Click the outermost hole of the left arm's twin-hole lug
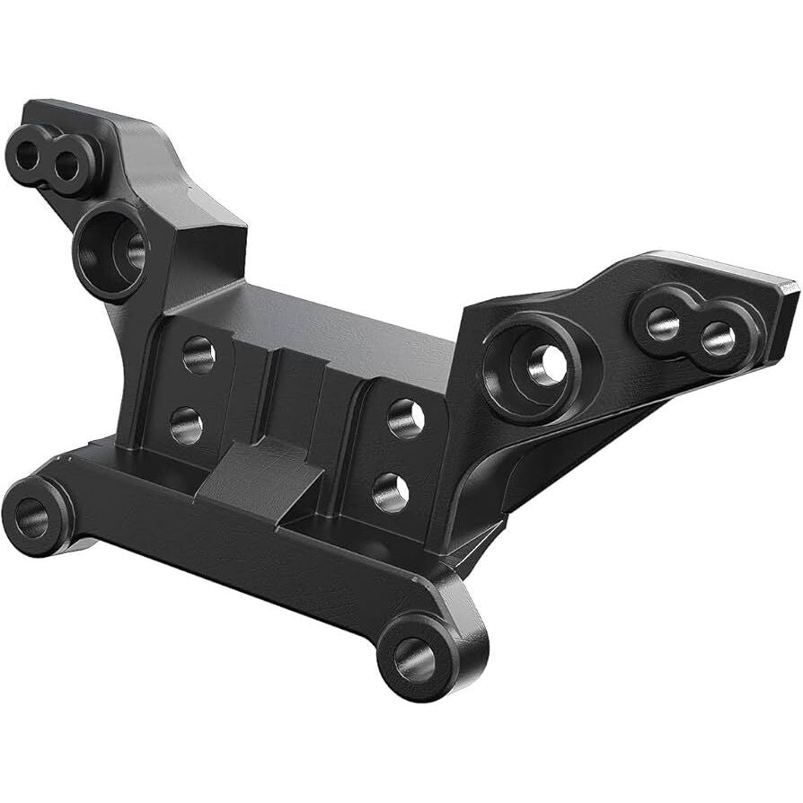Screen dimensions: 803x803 coord(27,155)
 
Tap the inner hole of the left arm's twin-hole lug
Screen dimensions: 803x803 coord(66,165)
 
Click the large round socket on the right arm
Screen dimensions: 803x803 coord(539,363)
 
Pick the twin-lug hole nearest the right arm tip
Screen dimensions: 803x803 coord(717,338)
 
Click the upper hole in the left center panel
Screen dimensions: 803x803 coord(199,354)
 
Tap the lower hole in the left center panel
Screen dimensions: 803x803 coord(187,424)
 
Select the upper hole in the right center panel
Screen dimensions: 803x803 coord(406,417)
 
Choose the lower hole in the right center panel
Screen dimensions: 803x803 coord(391,492)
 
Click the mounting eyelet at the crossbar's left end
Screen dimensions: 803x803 coord(33,516)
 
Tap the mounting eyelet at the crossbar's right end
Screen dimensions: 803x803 coord(416,658)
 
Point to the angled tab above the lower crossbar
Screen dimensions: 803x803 coord(260,476)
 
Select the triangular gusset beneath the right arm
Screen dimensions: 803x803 coord(557,458)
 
